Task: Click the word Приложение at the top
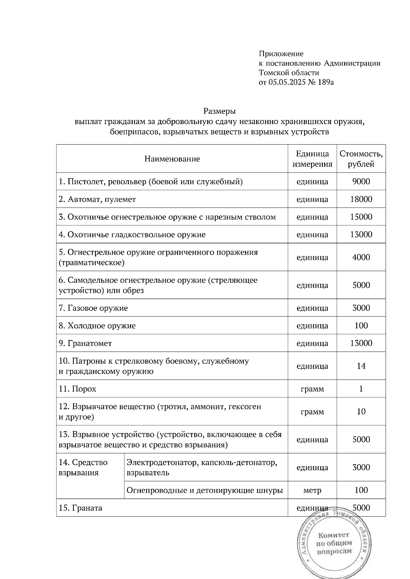(281, 54)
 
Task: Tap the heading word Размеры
(219, 111)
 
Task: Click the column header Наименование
(172, 159)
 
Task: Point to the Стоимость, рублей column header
(361, 159)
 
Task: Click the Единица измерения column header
(312, 159)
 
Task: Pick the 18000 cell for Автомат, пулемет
(361, 199)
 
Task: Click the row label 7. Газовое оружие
(93, 308)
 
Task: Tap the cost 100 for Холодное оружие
(361, 326)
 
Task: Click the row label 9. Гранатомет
(85, 343)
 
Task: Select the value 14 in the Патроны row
(361, 366)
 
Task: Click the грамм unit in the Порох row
(312, 389)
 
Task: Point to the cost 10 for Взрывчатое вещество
(361, 412)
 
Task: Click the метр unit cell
(312, 491)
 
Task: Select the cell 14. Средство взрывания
(83, 467)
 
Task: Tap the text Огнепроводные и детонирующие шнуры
(204, 491)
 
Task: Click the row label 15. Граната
(80, 508)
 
